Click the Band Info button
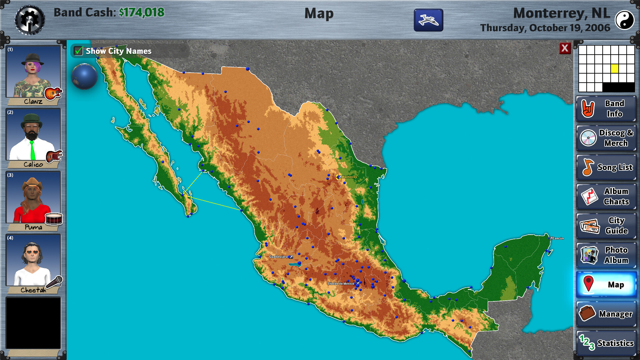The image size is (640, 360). [606, 109]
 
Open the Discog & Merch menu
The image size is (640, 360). [606, 138]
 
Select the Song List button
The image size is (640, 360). [606, 167]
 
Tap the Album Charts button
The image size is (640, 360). [606, 196]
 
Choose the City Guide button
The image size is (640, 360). [606, 226]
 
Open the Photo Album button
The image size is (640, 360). [606, 255]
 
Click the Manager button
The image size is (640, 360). [606, 314]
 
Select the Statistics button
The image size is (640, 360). [606, 343]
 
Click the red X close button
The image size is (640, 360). [565, 48]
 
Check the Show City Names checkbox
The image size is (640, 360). [79, 51]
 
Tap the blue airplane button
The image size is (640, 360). [428, 20]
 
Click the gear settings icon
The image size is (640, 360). [29, 20]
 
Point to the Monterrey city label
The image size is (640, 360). [349, 177]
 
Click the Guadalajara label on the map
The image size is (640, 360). [278, 257]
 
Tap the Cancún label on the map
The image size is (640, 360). [558, 238]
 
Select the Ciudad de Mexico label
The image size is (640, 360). [341, 284]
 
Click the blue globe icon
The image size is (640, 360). [84, 76]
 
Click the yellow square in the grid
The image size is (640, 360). [615, 69]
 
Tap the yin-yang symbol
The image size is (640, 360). [624, 20]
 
